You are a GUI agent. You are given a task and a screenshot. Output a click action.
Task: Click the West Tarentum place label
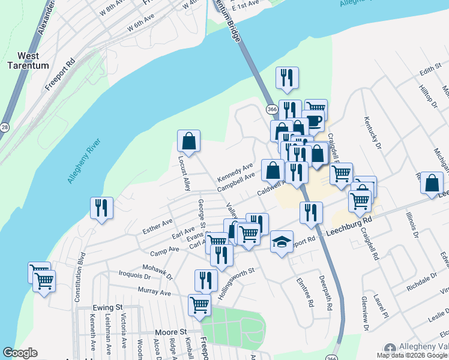(x=25, y=61)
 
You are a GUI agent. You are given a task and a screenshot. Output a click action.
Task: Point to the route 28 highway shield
(x=5, y=127)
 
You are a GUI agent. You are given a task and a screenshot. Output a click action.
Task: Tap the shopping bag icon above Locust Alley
(x=188, y=141)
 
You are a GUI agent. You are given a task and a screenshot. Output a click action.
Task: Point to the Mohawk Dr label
(x=157, y=273)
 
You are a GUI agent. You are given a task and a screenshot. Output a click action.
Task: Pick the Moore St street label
(x=171, y=332)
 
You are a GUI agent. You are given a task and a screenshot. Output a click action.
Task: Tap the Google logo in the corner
(x=20, y=353)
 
